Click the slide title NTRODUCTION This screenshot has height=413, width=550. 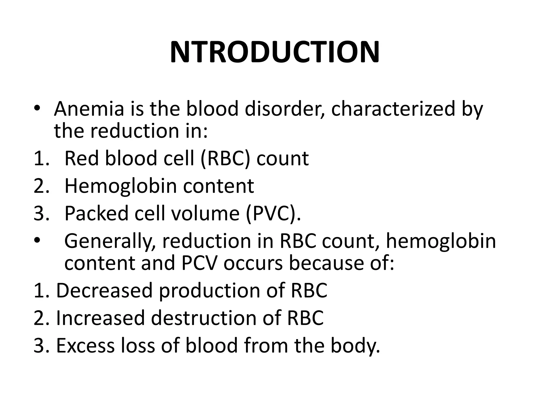point(275,52)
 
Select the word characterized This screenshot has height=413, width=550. point(393,109)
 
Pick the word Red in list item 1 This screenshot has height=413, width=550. point(82,158)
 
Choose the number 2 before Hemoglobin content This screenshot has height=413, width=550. point(39,186)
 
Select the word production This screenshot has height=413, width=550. point(209,291)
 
